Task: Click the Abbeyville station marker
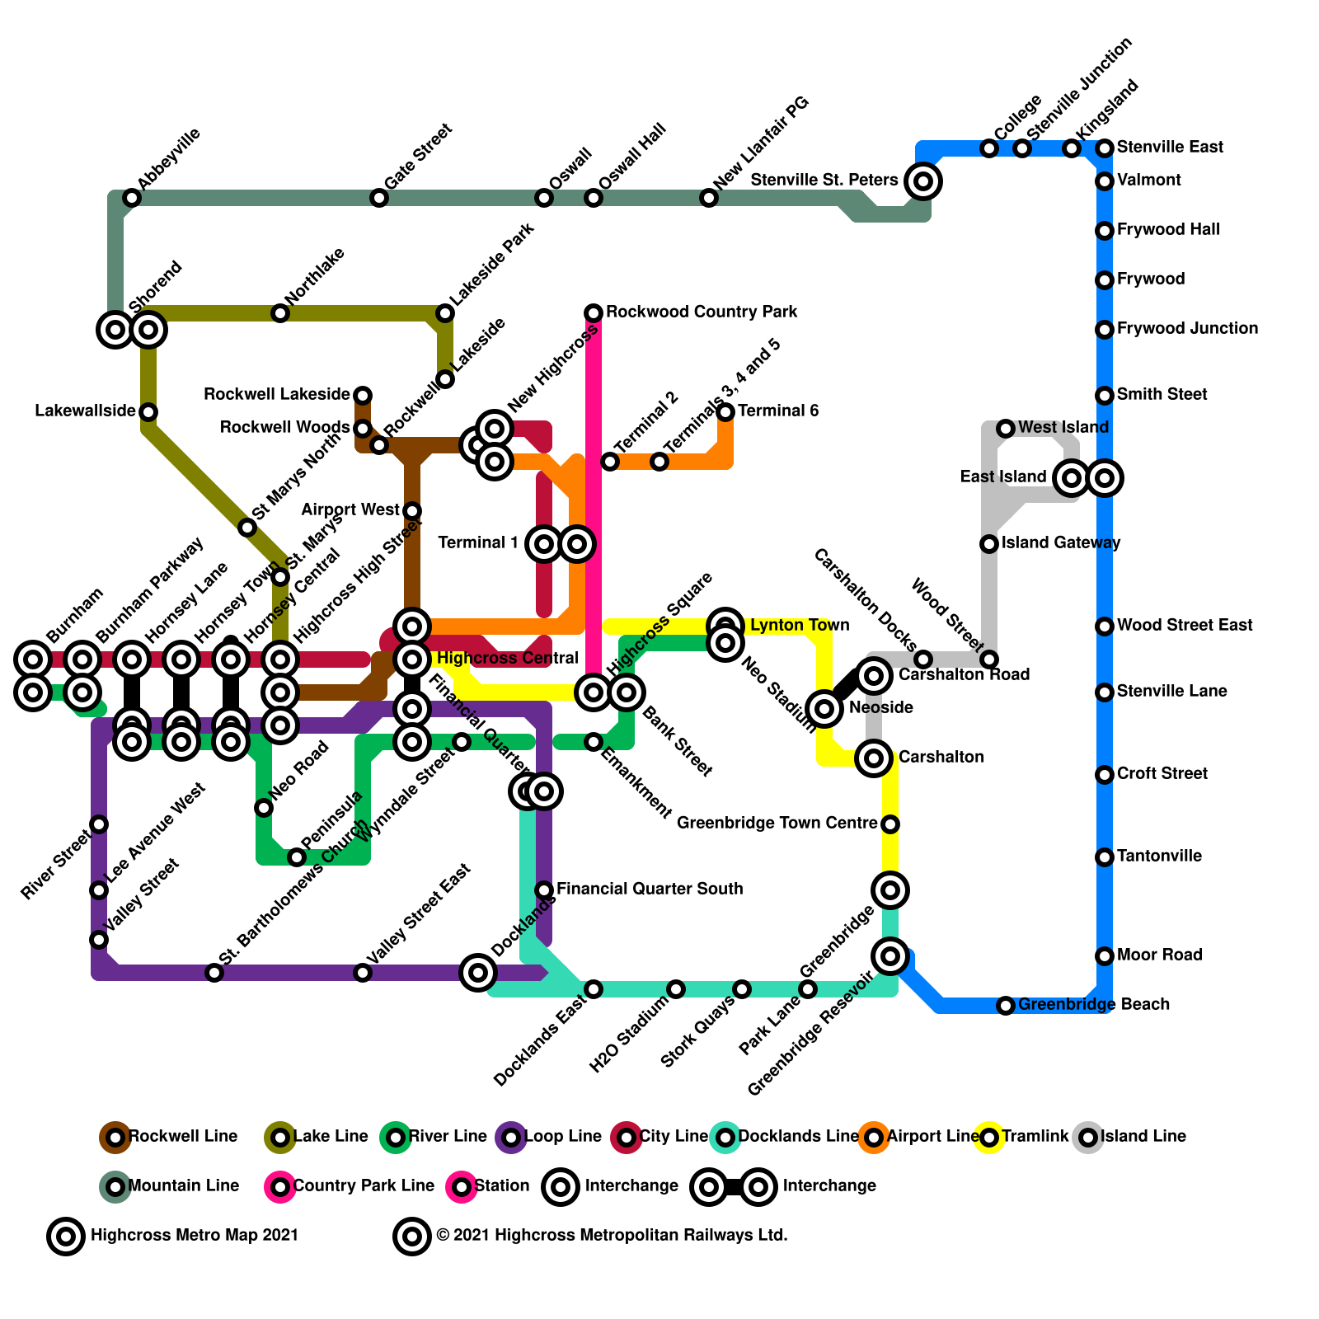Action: [132, 198]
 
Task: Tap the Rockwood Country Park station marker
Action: [594, 313]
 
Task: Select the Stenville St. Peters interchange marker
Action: [923, 181]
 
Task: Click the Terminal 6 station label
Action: [778, 411]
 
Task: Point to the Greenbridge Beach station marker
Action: [1006, 1006]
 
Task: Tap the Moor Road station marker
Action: [1105, 956]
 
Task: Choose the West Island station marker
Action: [1006, 429]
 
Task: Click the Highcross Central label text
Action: [507, 659]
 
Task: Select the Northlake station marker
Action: [280, 313]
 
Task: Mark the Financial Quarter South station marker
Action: [544, 890]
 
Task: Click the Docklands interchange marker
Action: [478, 973]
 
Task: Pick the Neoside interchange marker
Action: [824, 708]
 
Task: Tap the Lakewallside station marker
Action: [148, 412]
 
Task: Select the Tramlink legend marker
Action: [989, 1138]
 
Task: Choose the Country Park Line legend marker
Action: [280, 1187]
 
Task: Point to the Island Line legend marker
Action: [1088, 1138]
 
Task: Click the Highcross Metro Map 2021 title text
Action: [194, 1236]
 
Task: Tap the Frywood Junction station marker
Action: [1105, 330]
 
